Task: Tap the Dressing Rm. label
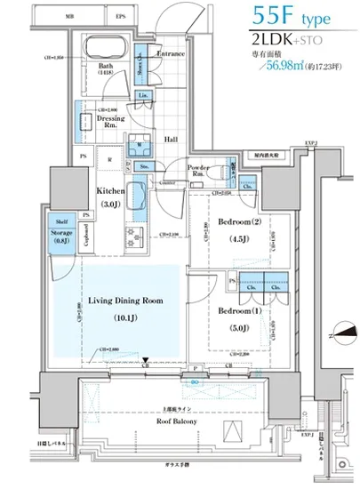click(110, 122)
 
